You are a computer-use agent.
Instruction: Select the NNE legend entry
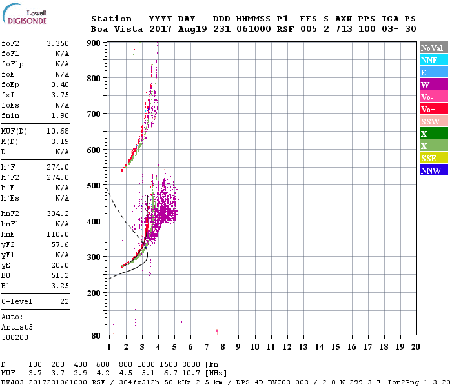(429, 60)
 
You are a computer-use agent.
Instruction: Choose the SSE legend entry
(429, 158)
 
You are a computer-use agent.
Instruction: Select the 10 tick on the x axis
(254, 347)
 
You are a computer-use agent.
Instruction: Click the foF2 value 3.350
(58, 43)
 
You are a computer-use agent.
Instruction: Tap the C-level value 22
(65, 301)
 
